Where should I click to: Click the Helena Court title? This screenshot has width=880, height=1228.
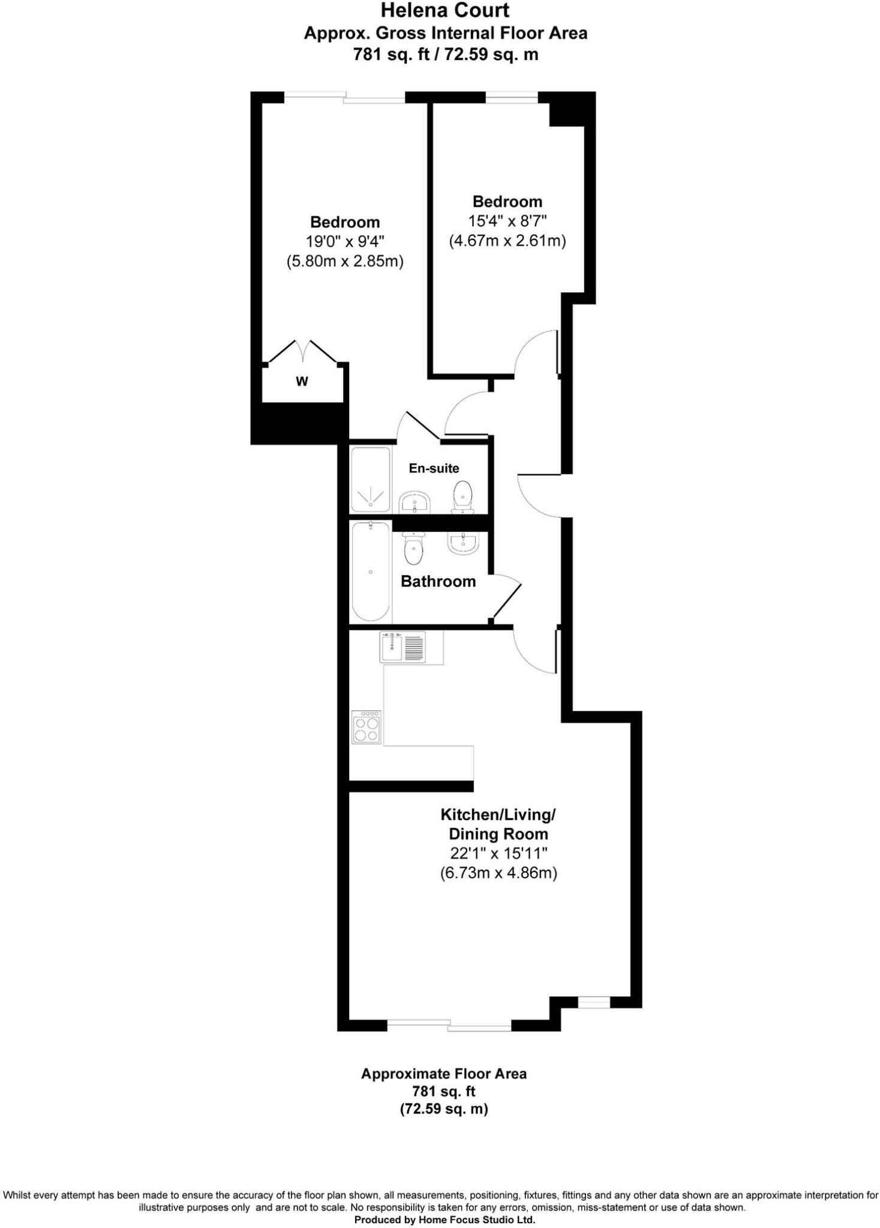(445, 10)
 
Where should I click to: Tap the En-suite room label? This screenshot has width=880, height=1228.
(434, 468)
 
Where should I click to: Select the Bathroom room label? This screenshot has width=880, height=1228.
(438, 581)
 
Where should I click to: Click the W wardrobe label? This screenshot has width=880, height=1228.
(302, 381)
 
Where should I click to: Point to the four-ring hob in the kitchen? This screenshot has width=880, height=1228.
(366, 727)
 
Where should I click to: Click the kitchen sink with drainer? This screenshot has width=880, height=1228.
(403, 647)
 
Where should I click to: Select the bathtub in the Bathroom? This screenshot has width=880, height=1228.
(371, 571)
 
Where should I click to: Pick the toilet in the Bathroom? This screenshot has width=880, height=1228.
(413, 549)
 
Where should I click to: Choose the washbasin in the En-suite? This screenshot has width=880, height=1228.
(415, 501)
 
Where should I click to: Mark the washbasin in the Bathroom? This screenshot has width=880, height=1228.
(462, 543)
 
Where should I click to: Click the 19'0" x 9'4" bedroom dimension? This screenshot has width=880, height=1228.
(345, 242)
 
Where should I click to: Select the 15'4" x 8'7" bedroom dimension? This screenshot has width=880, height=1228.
(507, 221)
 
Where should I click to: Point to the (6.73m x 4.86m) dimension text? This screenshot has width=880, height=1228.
(498, 873)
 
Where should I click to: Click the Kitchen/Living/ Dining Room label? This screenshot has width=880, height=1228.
(498, 824)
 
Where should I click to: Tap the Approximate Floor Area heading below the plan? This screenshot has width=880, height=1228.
(444, 1073)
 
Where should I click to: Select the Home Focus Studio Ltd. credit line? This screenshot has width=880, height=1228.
(444, 1220)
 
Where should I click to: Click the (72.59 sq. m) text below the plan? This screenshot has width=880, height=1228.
(444, 1109)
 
